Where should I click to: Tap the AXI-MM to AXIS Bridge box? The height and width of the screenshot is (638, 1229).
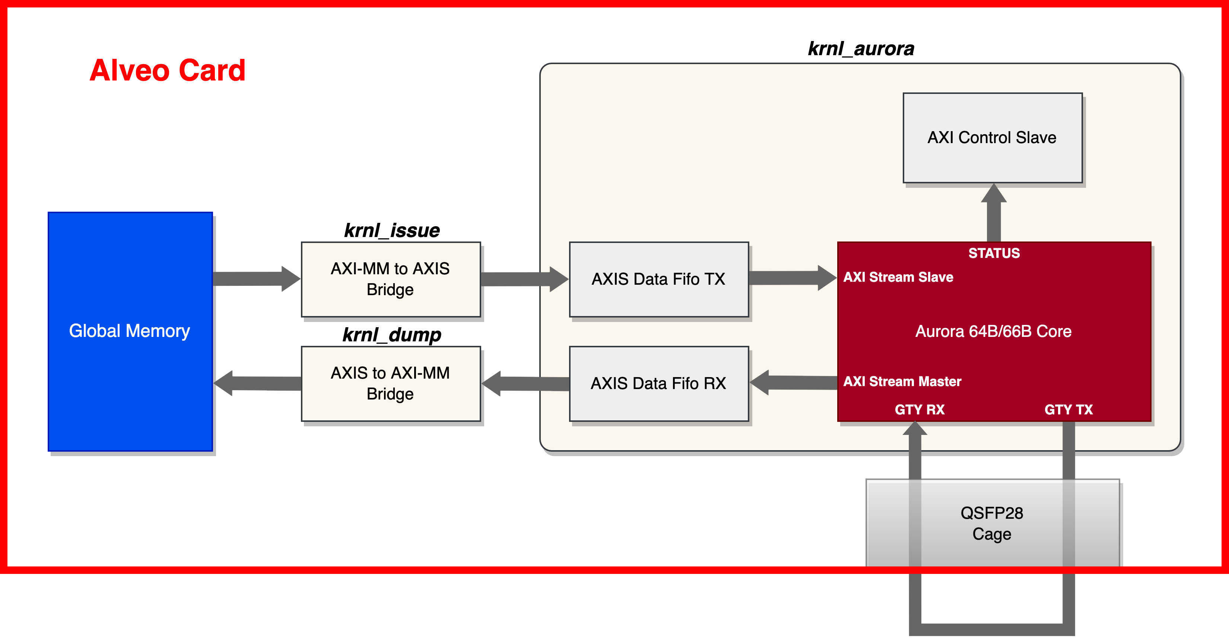click(390, 279)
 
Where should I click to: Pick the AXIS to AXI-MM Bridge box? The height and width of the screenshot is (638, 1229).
click(390, 383)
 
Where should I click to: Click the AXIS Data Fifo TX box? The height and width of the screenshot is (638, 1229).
click(658, 279)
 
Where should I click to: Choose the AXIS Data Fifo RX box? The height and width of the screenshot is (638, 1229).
click(658, 383)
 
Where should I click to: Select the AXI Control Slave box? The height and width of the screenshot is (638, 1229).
click(992, 138)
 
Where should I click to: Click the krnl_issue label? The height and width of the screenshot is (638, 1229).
click(392, 231)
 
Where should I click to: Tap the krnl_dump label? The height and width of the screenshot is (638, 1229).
click(392, 335)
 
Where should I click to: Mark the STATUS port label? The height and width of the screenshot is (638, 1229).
click(994, 253)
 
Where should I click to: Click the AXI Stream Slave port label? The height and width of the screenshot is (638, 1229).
click(898, 277)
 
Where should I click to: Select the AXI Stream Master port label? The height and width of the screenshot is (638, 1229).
click(902, 381)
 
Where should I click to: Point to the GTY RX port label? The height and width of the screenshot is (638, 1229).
click(920, 409)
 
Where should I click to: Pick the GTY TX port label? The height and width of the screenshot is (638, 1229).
click(1068, 409)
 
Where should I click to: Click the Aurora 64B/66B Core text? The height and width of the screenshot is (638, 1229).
click(993, 331)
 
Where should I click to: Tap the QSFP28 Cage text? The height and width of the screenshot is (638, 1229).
click(991, 523)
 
